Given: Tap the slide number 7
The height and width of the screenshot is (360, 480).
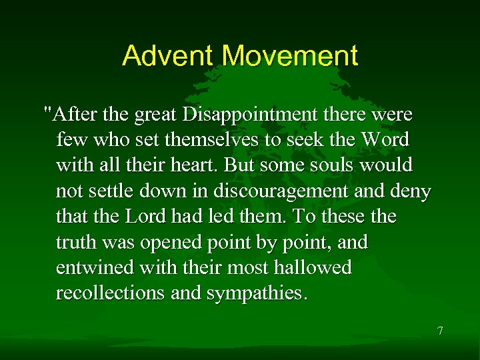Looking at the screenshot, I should click(x=440, y=331).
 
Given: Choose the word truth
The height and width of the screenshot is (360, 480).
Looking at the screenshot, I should click(x=77, y=242).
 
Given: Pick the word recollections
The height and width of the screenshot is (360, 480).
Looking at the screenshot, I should click(x=105, y=293).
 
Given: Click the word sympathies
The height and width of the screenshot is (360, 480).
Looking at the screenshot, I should click(x=256, y=293).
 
